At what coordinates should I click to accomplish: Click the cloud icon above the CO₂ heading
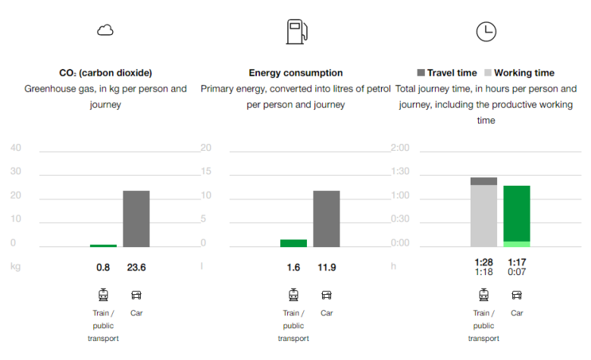pyautogui.click(x=105, y=30)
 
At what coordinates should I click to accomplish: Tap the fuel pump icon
pyautogui.click(x=295, y=32)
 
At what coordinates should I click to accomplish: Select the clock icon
pyautogui.click(x=486, y=31)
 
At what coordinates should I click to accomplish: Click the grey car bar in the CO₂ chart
pyautogui.click(x=136, y=218)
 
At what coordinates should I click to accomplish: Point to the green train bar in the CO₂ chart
pyautogui.click(x=103, y=246)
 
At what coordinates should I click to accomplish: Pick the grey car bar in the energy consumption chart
pyautogui.click(x=327, y=218)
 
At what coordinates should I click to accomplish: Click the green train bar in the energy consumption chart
pyautogui.click(x=293, y=243)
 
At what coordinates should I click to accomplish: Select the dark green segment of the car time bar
pyautogui.click(x=517, y=213)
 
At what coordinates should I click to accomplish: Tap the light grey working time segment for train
pyautogui.click(x=483, y=215)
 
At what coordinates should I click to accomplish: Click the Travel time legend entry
pyautogui.click(x=447, y=73)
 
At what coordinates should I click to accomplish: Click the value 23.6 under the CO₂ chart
pyautogui.click(x=136, y=267)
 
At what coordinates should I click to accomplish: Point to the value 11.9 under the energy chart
pyautogui.click(x=327, y=267)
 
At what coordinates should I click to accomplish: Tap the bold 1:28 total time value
pyautogui.click(x=483, y=262)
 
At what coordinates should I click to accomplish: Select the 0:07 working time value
pyautogui.click(x=517, y=272)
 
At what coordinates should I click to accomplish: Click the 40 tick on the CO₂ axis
pyautogui.click(x=16, y=148)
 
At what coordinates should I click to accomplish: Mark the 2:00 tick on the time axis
pyautogui.click(x=399, y=148)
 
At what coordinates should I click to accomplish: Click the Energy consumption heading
pyautogui.click(x=295, y=73)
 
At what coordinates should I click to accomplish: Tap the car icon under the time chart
pyautogui.click(x=517, y=295)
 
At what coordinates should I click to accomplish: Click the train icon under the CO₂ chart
pyautogui.click(x=103, y=295)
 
